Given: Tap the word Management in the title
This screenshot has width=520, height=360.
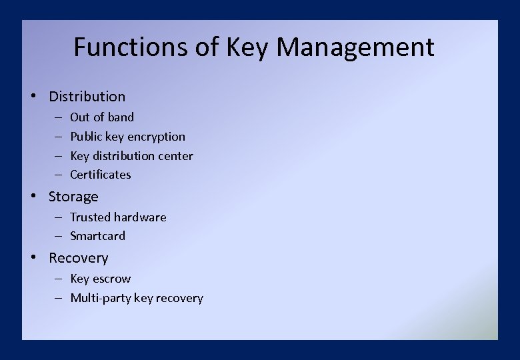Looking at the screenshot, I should click(355, 48).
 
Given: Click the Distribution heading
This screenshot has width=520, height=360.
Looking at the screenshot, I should click(87, 97).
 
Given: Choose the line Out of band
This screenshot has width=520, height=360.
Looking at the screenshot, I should click(102, 117).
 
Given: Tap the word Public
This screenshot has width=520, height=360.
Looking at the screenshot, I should click(86, 137).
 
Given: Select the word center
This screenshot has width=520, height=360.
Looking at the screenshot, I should click(175, 156).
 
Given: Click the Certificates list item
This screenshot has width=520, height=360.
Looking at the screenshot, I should click(101, 175).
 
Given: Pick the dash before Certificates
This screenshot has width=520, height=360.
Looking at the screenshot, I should click(58, 175).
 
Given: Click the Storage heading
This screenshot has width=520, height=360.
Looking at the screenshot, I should click(73, 197).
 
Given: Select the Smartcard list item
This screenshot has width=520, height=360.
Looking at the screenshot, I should click(97, 236).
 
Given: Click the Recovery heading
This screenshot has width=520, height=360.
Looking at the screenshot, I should click(78, 258).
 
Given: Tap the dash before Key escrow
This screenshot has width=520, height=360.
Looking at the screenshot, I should click(58, 279).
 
